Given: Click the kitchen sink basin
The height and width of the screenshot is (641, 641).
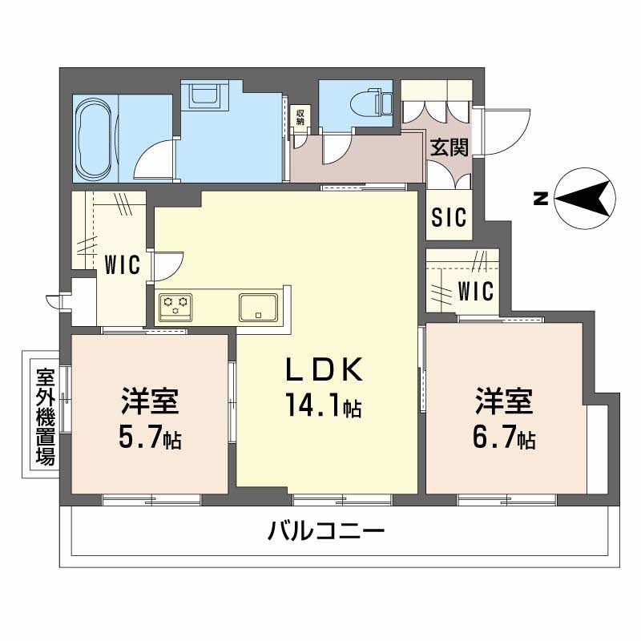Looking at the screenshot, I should pos(258,306).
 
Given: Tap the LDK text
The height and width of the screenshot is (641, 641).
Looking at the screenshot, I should pos(326,369).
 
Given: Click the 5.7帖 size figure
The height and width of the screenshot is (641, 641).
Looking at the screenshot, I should pos(150,438).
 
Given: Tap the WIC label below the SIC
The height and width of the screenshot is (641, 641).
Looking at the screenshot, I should pos(476,291).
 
